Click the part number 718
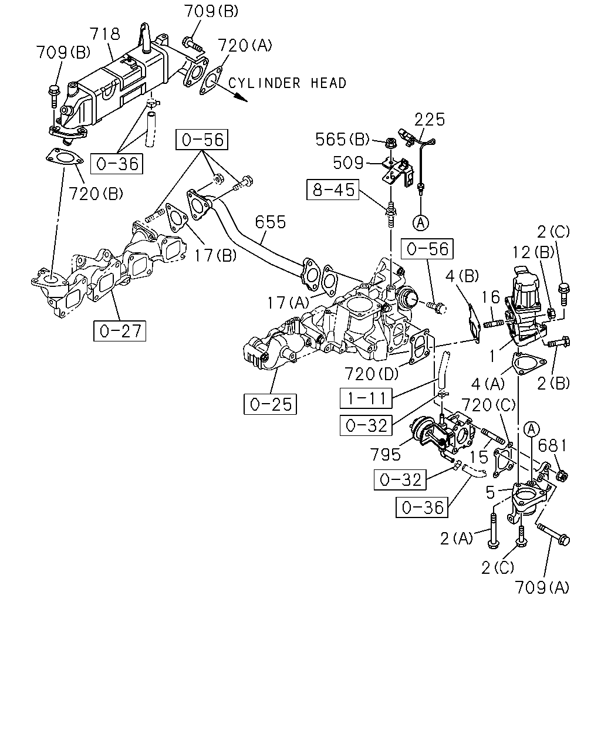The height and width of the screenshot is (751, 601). (105, 34)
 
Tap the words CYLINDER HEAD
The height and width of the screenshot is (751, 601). (287, 83)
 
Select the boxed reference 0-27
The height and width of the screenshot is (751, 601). (120, 331)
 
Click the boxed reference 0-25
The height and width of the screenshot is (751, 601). (271, 404)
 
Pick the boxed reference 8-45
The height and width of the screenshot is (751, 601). (333, 190)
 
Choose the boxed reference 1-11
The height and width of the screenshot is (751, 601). (366, 398)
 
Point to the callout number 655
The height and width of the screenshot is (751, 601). (271, 222)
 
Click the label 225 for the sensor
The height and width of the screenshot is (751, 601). (430, 119)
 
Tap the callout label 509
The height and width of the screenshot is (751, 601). (348, 163)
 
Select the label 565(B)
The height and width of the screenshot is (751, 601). (342, 139)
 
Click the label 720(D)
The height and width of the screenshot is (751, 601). (372, 374)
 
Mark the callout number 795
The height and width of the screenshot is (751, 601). (385, 454)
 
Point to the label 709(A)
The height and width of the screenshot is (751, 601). (542, 588)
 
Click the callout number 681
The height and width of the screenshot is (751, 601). (552, 446)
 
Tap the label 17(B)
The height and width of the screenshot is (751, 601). (215, 256)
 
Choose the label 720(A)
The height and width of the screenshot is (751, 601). (245, 46)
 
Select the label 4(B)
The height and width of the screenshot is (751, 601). (462, 276)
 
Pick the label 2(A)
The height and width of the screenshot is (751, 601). (457, 539)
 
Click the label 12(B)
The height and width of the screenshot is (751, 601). (534, 252)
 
